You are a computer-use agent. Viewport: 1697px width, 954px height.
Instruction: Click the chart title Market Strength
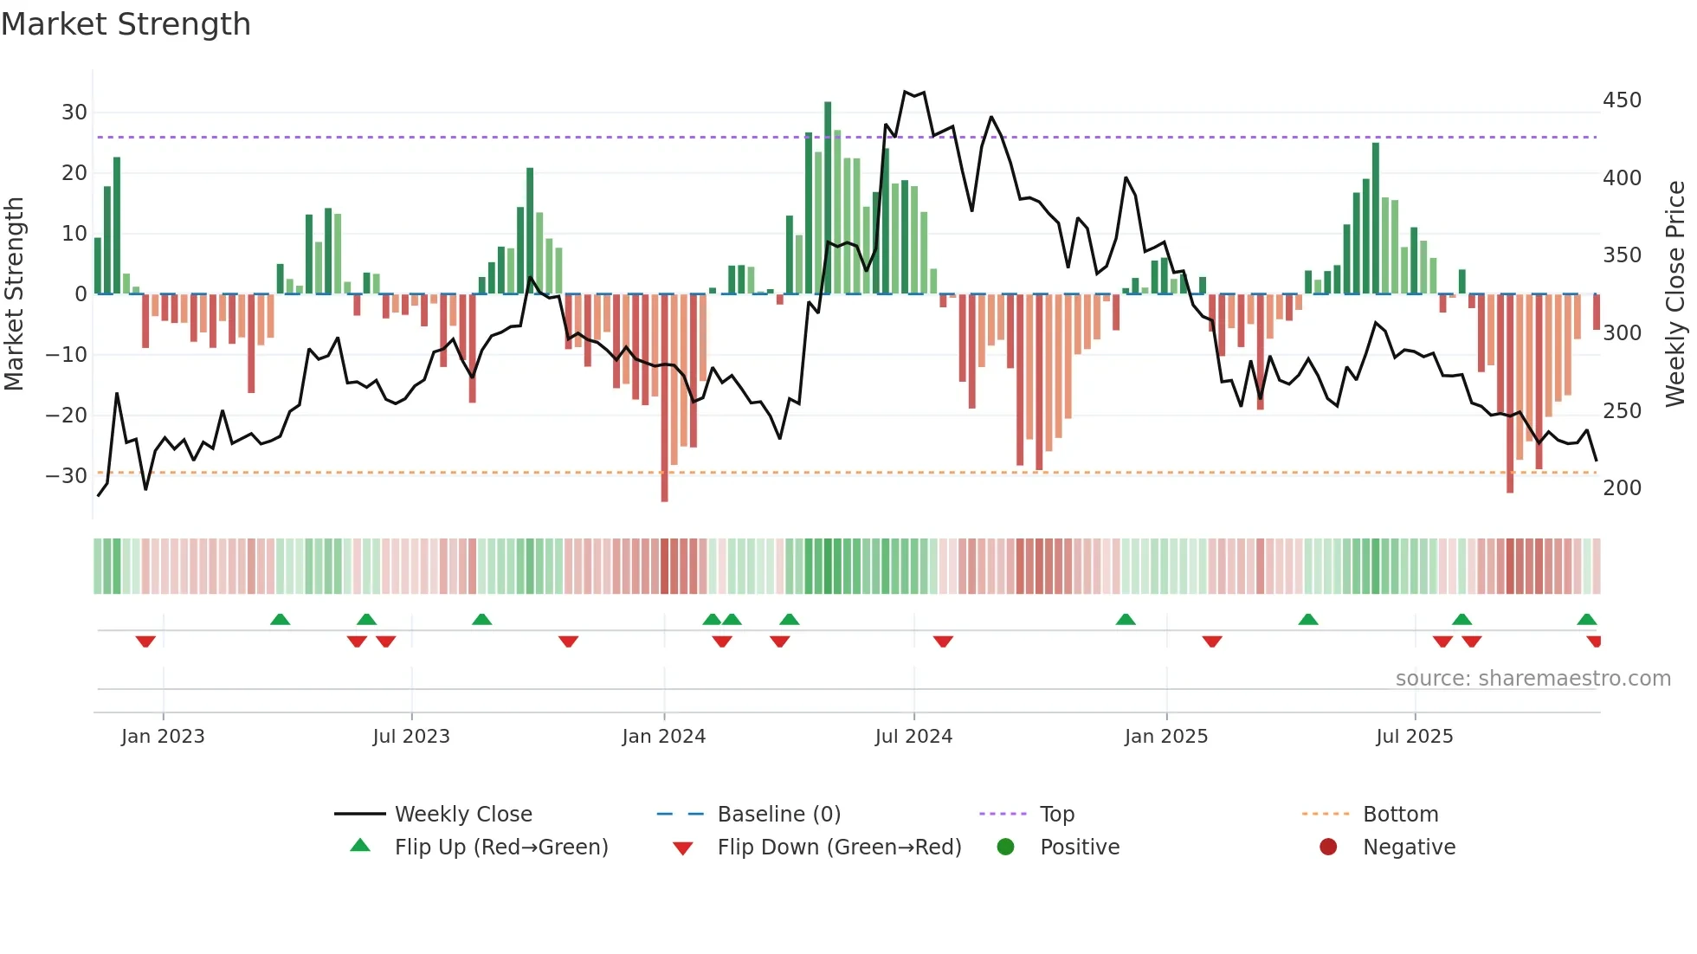126,24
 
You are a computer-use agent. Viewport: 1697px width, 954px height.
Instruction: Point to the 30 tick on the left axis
74,113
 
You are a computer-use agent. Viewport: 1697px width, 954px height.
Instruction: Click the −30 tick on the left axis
68,476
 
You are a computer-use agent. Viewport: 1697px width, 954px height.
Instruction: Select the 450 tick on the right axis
1622,100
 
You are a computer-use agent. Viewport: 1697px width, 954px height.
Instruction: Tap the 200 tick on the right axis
1622,488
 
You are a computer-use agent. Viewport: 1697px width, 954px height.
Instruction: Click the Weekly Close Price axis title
1675,294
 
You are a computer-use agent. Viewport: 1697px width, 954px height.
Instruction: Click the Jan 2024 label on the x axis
664,737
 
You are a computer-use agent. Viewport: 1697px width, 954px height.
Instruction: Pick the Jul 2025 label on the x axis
1415,737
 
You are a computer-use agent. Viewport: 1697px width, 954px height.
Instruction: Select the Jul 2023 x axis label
411,737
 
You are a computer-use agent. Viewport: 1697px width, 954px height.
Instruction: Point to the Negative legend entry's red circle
1328,848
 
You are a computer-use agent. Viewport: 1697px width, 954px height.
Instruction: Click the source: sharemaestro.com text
1532,679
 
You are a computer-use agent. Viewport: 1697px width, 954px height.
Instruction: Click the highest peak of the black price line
905,92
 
